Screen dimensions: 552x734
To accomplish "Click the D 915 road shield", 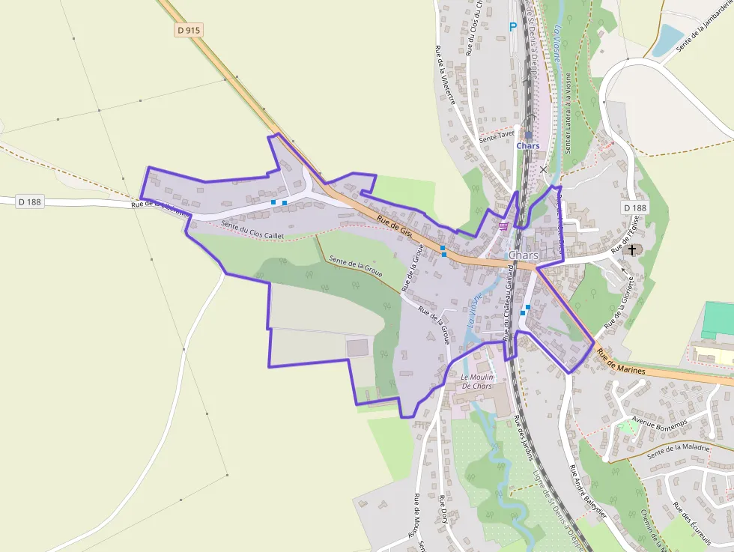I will (189, 31).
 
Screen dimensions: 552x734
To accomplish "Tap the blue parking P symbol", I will (513, 27).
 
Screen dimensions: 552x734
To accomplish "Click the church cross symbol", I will (633, 249).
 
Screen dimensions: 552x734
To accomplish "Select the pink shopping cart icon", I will (504, 225).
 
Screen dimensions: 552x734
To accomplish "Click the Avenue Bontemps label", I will (660, 422).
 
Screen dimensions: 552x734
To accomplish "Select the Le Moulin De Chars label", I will (476, 381).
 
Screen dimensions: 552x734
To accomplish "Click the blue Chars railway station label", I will (528, 145).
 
